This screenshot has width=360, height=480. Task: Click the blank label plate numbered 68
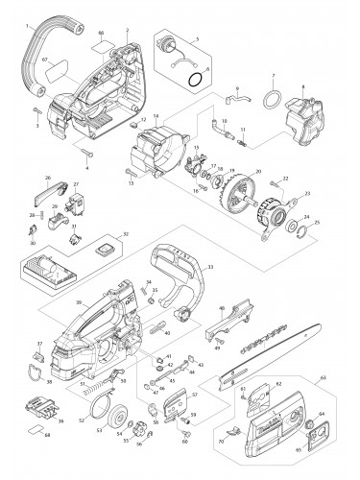[38, 430]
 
